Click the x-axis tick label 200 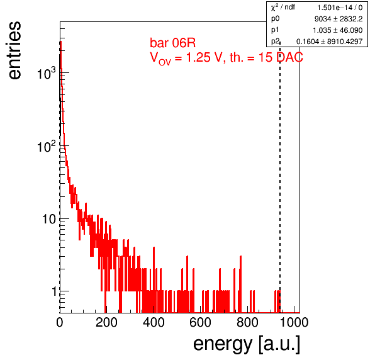[x=106, y=322]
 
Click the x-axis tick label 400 [x=154, y=322]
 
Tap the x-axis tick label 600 [x=200, y=322]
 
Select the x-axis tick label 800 [x=247, y=322]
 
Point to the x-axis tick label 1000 [x=294, y=322]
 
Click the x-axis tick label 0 [x=60, y=322]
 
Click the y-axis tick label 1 [x=54, y=291]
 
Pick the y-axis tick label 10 [x=49, y=219]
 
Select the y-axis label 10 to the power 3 [x=47, y=73]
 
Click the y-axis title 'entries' [x=15, y=50]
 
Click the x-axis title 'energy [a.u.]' [x=247, y=344]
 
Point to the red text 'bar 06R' [x=172, y=43]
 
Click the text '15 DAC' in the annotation [x=281, y=57]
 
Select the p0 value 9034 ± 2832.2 [x=339, y=19]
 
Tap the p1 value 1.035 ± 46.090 [x=338, y=30]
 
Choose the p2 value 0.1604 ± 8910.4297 [x=330, y=42]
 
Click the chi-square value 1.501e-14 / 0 [x=340, y=8]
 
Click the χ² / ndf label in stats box [x=283, y=7]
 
